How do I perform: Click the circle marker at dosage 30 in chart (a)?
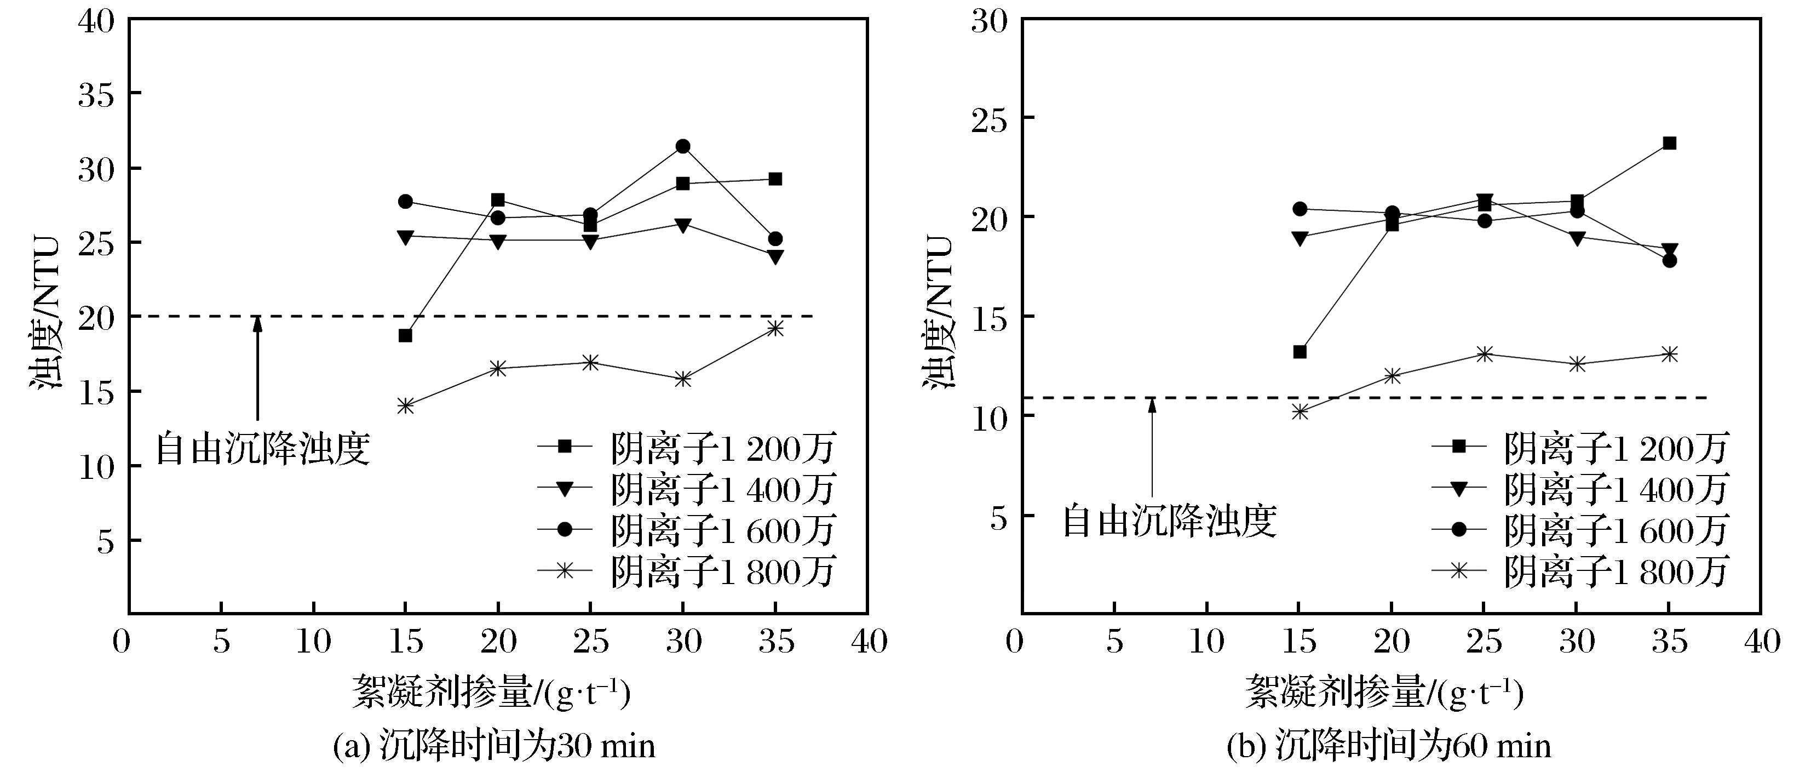coord(683,146)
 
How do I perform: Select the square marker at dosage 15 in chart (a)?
coord(406,335)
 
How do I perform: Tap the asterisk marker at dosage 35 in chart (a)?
coord(775,328)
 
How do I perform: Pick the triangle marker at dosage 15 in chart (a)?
coord(406,237)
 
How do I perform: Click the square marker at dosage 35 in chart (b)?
coord(1669,144)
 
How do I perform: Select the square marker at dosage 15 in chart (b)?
coord(1300,352)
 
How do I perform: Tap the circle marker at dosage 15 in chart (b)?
coord(1300,209)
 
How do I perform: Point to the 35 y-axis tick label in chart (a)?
coord(96,94)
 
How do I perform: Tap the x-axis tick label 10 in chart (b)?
coord(1206,641)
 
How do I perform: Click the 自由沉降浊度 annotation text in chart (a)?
coord(262,449)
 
